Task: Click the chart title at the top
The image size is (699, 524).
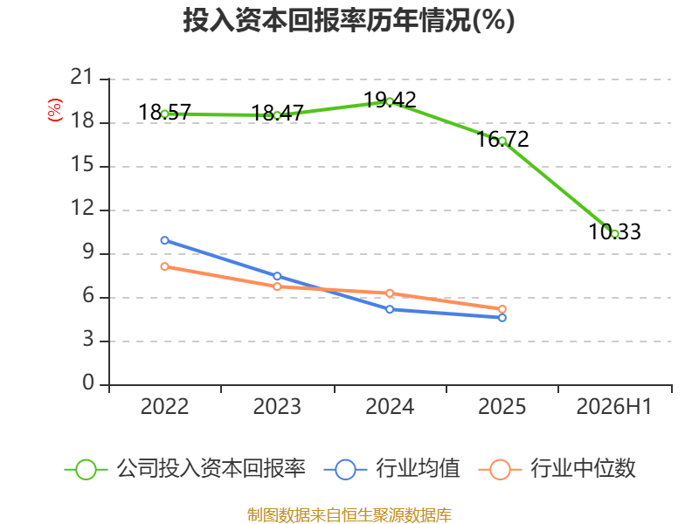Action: pyautogui.click(x=349, y=20)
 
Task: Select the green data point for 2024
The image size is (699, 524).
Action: pyautogui.click(x=390, y=101)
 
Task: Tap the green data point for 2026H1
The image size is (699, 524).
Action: pyautogui.click(x=615, y=233)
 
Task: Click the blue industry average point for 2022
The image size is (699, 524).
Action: pyautogui.click(x=164, y=240)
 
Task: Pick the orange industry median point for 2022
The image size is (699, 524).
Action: pyautogui.click(x=164, y=266)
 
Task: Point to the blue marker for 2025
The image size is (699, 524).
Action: pyautogui.click(x=502, y=318)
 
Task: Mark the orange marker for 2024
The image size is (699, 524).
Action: pyautogui.click(x=390, y=293)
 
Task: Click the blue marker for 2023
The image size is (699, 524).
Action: pyautogui.click(x=277, y=276)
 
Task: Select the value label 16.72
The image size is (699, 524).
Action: pyautogui.click(x=502, y=140)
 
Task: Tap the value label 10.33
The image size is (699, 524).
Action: pyautogui.click(x=615, y=231)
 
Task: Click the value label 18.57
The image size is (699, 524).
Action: pyautogui.click(x=164, y=113)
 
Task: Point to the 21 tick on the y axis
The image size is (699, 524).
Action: pyautogui.click(x=81, y=77)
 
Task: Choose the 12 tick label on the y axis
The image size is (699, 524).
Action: pyautogui.click(x=82, y=208)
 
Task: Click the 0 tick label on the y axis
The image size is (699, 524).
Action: pyautogui.click(x=88, y=383)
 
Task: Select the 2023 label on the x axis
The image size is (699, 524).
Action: pyautogui.click(x=277, y=406)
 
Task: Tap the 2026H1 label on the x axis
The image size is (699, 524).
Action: pyautogui.click(x=614, y=406)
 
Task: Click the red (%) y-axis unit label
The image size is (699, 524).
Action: pyautogui.click(x=55, y=110)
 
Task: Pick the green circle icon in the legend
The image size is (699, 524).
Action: pyautogui.click(x=86, y=470)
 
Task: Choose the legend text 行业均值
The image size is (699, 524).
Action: pyautogui.click(x=418, y=469)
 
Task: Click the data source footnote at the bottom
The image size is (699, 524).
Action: pyautogui.click(x=349, y=515)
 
